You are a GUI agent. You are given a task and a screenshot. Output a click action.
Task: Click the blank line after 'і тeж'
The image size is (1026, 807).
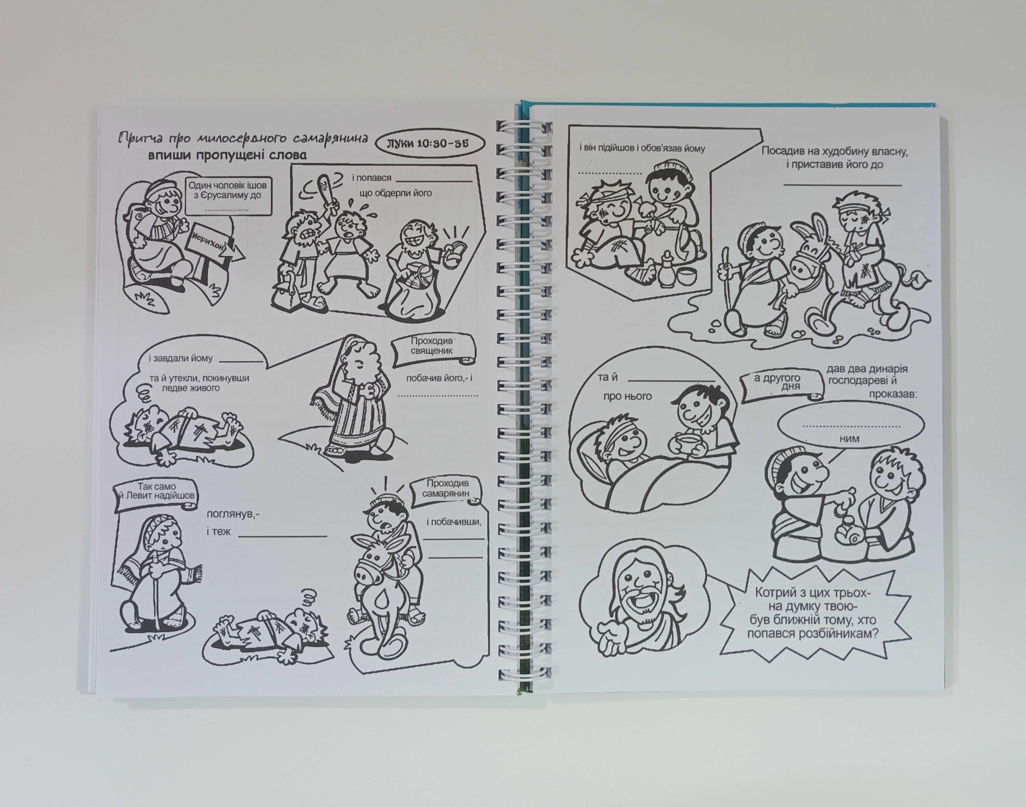282,536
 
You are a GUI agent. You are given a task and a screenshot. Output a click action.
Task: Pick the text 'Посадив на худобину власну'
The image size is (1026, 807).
835,152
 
